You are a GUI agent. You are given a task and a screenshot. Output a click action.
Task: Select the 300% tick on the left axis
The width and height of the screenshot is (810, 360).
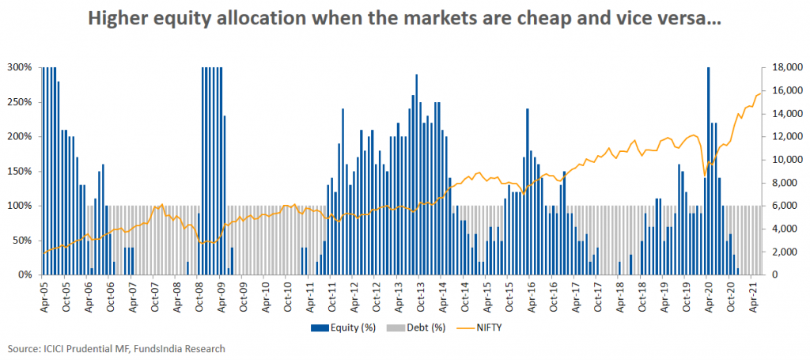pyautogui.click(x=21, y=67)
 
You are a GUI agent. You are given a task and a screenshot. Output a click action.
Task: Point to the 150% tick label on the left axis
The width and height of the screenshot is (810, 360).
pyautogui.click(x=21, y=171)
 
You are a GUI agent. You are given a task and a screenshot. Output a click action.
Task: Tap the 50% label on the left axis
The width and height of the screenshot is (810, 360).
pyautogui.click(x=23, y=240)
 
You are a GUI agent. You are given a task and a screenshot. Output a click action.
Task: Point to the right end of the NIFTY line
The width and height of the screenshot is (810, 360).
pyautogui.click(x=760, y=93)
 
